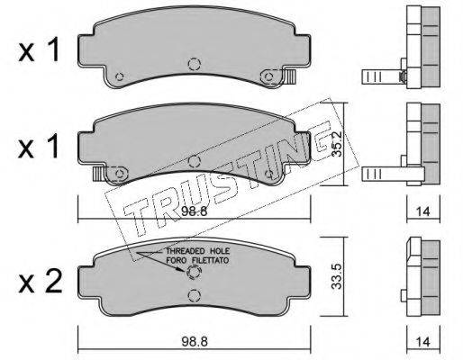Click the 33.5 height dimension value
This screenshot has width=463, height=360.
(337, 276)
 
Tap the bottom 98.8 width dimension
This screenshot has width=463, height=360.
(195, 341)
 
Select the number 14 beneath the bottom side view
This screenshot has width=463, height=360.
(423, 342)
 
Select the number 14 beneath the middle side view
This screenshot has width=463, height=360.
(423, 211)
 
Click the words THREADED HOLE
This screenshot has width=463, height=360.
(198, 251)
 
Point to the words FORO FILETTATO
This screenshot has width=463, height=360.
(197, 260)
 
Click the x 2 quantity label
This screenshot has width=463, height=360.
(41, 282)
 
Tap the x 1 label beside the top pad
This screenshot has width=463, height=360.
(39, 51)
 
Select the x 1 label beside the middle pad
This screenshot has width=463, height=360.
(39, 147)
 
